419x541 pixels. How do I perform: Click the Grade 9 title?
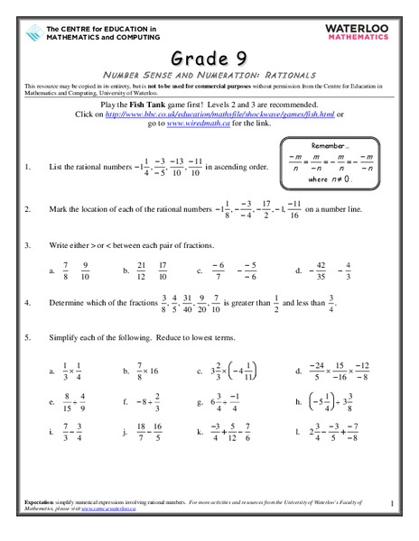point(209,51)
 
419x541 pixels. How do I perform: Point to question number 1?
point(29,168)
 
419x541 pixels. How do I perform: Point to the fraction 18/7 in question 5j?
point(140,433)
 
